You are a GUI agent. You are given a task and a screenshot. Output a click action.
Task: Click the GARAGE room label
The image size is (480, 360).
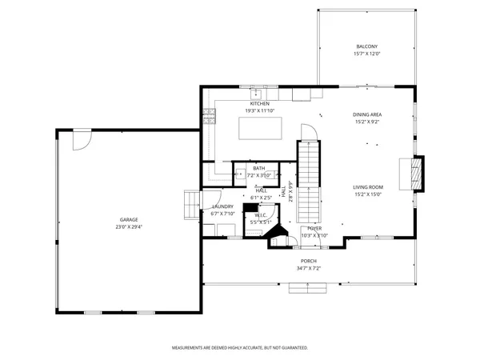[129, 219]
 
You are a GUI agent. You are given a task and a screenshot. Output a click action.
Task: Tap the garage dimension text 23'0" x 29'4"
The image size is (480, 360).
[129, 226]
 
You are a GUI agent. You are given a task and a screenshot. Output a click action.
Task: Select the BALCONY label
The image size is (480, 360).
[366, 47]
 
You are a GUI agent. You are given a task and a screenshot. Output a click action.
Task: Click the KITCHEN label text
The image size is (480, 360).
[259, 103]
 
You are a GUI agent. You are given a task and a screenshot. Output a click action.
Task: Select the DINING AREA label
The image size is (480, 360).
[367, 115]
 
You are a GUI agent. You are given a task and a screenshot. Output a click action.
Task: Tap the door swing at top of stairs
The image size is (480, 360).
[310, 132]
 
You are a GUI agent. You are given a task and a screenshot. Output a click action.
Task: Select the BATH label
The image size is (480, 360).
[259, 168]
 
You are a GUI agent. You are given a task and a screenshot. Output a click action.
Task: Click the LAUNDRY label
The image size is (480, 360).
[222, 207]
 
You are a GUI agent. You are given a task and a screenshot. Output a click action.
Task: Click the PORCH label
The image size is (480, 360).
[309, 261]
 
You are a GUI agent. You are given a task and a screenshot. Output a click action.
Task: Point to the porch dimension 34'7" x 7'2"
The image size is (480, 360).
[309, 268]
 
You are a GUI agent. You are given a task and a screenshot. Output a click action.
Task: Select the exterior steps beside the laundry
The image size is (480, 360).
[190, 203]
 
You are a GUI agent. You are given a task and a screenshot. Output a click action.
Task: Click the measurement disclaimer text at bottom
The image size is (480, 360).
[239, 348]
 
